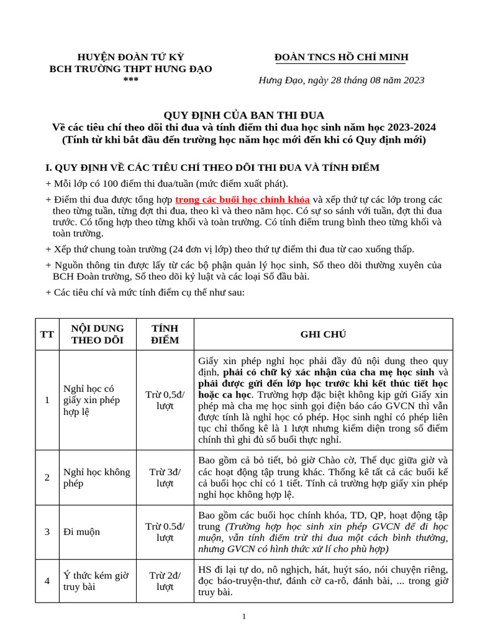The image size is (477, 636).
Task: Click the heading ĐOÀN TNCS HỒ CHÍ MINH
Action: pyautogui.click(x=341, y=58)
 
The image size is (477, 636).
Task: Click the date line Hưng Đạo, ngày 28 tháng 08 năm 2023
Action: pyautogui.click(x=341, y=80)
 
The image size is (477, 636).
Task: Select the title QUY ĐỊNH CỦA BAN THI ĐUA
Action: pyautogui.click(x=243, y=116)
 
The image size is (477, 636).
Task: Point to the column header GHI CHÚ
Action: pyautogui.click(x=323, y=334)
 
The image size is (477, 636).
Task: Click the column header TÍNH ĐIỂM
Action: pyautogui.click(x=165, y=334)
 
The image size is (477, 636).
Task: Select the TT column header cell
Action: pyautogui.click(x=47, y=334)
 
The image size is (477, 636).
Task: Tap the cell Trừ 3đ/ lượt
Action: pyautogui.click(x=165, y=478)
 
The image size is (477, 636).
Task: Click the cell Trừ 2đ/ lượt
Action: pyautogui.click(x=165, y=581)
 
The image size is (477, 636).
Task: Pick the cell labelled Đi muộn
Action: pyautogui.click(x=81, y=532)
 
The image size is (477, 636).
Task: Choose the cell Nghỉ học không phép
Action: pyautogui.click(x=97, y=478)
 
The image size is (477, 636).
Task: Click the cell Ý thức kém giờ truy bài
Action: pyautogui.click(x=96, y=581)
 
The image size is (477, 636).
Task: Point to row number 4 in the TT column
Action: pyautogui.click(x=47, y=581)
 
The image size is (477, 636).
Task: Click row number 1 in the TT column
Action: pyautogui.click(x=47, y=400)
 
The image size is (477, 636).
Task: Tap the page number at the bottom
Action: pyautogui.click(x=244, y=617)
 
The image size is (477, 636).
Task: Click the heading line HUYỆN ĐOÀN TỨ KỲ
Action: pyautogui.click(x=130, y=57)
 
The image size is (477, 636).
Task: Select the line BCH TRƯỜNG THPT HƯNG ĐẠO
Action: pyautogui.click(x=130, y=69)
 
